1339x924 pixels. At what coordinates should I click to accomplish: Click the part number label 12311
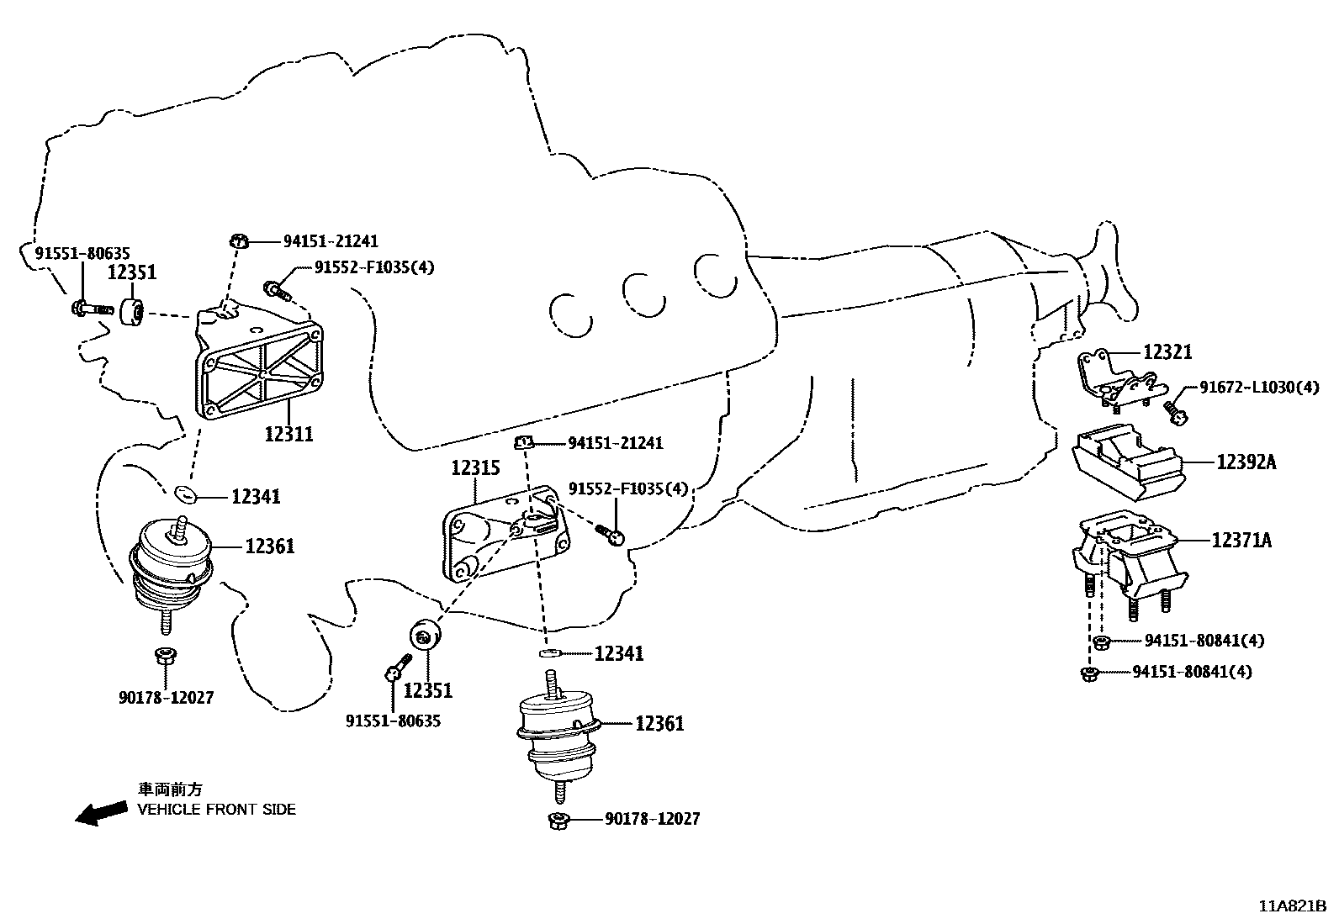(288, 435)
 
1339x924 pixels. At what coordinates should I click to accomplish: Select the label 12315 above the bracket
(475, 468)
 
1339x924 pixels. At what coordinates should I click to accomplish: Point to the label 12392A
(1246, 462)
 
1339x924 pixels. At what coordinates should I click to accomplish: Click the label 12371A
(1241, 541)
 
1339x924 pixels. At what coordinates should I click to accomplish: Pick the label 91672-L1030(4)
(1259, 388)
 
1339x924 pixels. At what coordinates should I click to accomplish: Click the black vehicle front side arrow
(99, 813)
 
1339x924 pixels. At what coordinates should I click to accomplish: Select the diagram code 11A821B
(1292, 906)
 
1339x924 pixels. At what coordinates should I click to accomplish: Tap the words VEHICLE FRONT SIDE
(217, 810)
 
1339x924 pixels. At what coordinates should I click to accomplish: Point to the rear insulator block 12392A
(1126, 462)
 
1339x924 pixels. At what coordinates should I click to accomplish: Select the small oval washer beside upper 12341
(185, 493)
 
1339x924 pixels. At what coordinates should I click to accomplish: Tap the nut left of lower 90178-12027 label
(559, 820)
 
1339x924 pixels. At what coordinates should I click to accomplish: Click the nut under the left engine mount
(164, 656)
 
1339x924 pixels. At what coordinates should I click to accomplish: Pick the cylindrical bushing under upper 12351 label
(132, 311)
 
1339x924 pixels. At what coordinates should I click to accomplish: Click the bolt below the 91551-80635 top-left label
(89, 309)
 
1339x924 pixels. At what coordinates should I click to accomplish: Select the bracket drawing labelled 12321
(1119, 383)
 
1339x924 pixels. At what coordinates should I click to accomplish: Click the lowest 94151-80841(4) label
(1192, 672)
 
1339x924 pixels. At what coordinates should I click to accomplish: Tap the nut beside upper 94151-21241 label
(239, 242)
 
